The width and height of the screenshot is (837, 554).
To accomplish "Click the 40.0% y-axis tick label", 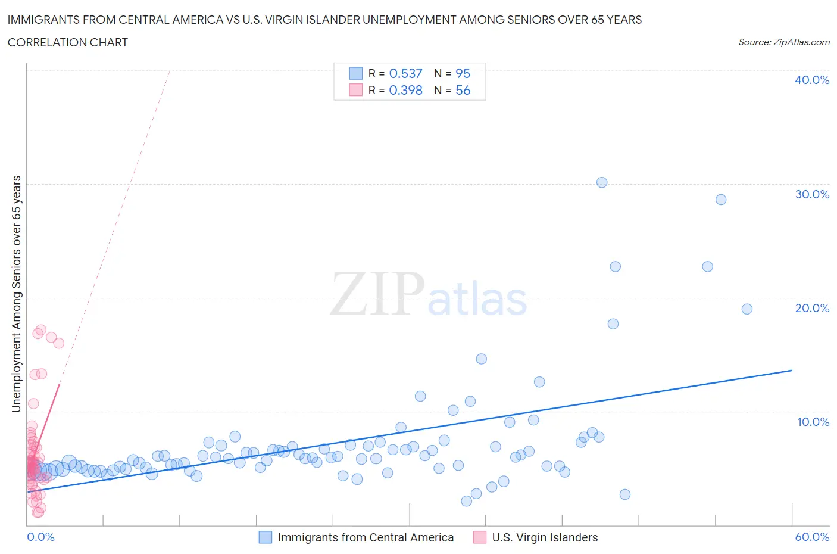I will (812, 80).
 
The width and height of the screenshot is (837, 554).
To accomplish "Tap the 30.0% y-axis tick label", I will (812, 194).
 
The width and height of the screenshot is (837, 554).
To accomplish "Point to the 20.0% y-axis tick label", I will (812, 308).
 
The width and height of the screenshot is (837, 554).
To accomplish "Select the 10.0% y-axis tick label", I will (813, 422).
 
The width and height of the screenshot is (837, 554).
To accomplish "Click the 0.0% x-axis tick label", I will (40, 537).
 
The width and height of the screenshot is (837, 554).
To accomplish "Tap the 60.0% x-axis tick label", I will (812, 537).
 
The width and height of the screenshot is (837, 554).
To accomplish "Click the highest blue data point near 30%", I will (602, 182).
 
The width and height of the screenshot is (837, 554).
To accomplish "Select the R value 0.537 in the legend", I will (405, 73).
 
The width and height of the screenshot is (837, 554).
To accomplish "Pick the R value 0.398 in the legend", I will (405, 90).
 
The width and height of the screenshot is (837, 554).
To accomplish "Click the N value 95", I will (463, 73).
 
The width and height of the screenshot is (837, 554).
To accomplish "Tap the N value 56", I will (463, 90).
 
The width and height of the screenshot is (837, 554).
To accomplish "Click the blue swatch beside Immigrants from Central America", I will (265, 537).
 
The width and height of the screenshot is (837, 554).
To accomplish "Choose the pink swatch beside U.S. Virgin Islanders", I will (479, 537).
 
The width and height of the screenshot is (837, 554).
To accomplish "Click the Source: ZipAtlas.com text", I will (783, 42).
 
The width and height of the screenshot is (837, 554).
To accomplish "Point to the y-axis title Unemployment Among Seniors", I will (16, 294).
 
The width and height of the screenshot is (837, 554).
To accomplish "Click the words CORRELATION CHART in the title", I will (68, 42).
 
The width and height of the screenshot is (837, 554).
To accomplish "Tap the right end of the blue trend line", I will (792, 371).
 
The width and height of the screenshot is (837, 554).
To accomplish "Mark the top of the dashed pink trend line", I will (170, 71).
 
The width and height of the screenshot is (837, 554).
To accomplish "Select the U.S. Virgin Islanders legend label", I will (545, 537).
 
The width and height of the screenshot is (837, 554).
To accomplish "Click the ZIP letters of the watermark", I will (377, 294).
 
